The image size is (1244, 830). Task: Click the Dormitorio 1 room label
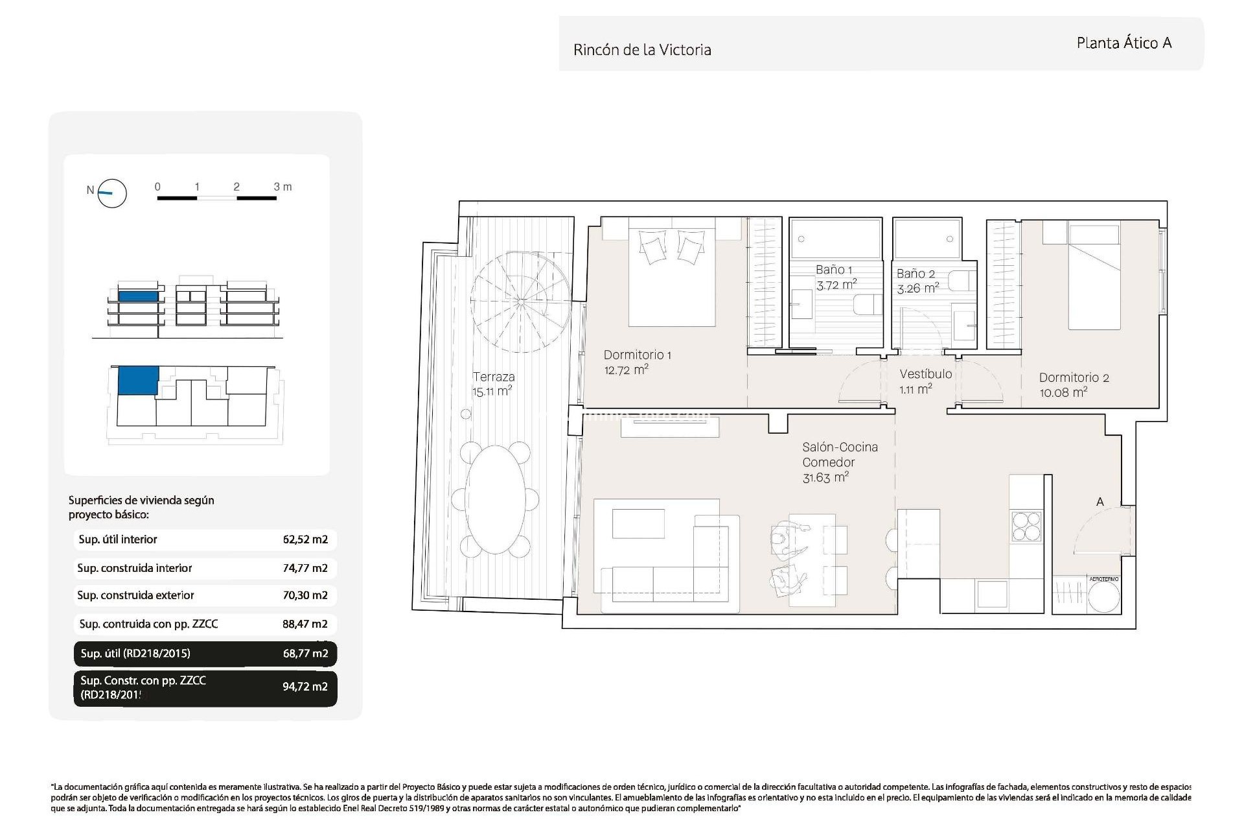tap(637, 355)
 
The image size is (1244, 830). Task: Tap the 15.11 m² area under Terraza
tap(492, 392)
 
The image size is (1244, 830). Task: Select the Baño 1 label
tap(833, 270)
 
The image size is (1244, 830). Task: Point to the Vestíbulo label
tap(925, 374)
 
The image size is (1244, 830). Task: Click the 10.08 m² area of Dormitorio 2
tap(1063, 392)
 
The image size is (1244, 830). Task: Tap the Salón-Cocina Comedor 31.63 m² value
tap(825, 478)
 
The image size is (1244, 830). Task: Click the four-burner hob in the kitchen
tap(1026, 526)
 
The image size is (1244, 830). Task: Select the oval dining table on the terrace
tap(496, 499)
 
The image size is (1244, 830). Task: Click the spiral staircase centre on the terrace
tap(521, 302)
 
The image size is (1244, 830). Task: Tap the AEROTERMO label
tap(1104, 579)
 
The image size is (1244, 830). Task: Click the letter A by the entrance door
tap(1100, 502)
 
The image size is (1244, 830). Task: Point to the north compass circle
tap(112, 193)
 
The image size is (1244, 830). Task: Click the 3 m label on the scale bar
tap(282, 187)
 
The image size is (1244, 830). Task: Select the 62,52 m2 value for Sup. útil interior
tap(305, 539)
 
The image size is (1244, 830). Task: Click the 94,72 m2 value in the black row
tap(305, 687)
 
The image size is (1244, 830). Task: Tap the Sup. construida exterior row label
tap(135, 595)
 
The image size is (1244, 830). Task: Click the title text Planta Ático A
tap(1123, 43)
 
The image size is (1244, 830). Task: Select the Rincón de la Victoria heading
tap(642, 50)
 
